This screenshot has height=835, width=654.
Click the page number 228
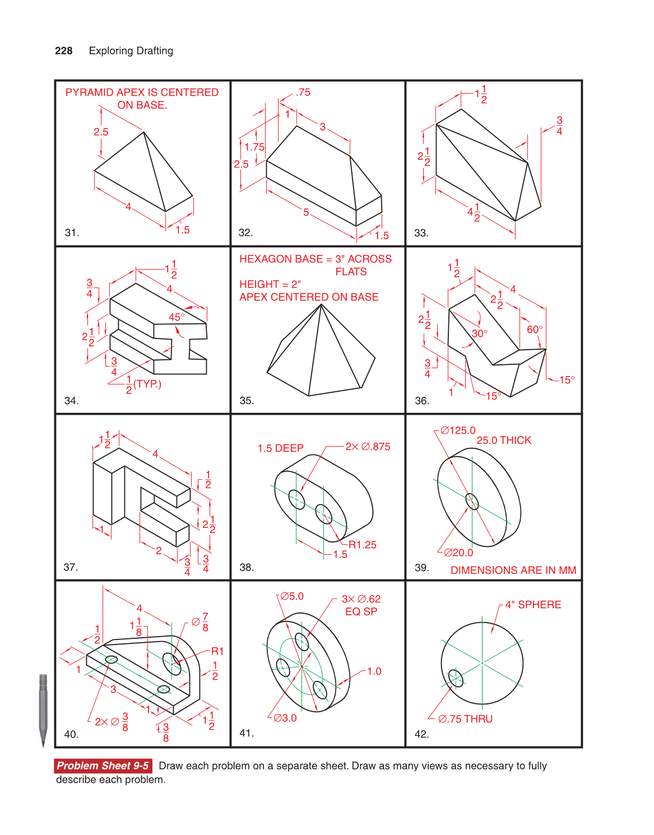coord(63,51)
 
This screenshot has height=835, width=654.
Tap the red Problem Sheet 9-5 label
coord(103,766)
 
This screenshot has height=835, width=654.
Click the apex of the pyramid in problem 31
coord(144,132)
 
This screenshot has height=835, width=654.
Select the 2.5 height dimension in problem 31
coord(101,132)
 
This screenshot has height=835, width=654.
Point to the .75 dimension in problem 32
coord(303,92)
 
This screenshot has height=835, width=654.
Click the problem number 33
coord(421,233)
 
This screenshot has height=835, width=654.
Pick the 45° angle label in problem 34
coord(177,317)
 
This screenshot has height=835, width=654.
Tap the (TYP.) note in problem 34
coord(147,384)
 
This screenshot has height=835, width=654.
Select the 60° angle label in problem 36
coord(535,330)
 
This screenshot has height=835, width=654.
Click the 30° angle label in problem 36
coord(479,333)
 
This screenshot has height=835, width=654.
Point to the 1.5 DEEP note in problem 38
coord(280,448)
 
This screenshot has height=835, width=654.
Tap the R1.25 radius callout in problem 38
coord(363,545)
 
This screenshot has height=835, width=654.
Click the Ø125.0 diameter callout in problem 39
coord(458,430)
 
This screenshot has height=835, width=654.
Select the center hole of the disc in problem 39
coord(472,502)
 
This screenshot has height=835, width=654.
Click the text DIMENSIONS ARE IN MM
coord(513,570)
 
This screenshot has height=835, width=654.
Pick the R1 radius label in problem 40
coord(217,651)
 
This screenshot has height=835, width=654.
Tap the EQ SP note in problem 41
coord(361,611)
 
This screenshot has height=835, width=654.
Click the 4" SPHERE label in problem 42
coord(533,605)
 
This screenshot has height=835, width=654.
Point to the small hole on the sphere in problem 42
coord(456,678)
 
